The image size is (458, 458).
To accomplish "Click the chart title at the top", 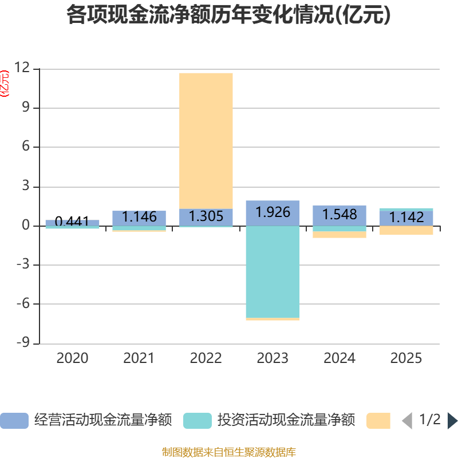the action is (228, 15).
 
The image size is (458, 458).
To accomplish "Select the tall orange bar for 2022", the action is (206, 141).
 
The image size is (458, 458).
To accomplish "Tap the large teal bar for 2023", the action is (273, 271).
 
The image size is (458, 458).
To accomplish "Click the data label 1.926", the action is (273, 212).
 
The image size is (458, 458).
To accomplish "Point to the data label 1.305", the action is (206, 216).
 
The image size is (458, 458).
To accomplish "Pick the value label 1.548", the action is (339, 214).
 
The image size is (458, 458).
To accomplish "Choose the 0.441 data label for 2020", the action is (72, 221).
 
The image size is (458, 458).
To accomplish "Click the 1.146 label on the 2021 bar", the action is (139, 217).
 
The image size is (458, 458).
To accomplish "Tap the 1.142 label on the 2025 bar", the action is (406, 218).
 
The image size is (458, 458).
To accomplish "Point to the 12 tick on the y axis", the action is (22, 68).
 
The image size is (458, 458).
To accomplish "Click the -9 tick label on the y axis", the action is (23, 342).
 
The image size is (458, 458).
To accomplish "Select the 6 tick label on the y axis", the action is (26, 146).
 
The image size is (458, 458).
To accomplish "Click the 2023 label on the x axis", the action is (273, 358).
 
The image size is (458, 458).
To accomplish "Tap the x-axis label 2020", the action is (72, 358).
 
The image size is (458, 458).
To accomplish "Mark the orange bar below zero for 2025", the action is (406, 230).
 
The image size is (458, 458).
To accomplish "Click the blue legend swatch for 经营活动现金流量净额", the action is (14, 421).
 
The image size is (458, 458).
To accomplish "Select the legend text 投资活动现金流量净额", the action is (286, 420).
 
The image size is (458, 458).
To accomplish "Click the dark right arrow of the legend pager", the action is (452, 421).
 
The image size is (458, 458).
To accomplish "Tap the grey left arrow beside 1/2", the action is (407, 421).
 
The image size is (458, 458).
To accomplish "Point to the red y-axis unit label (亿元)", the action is (5, 84).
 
